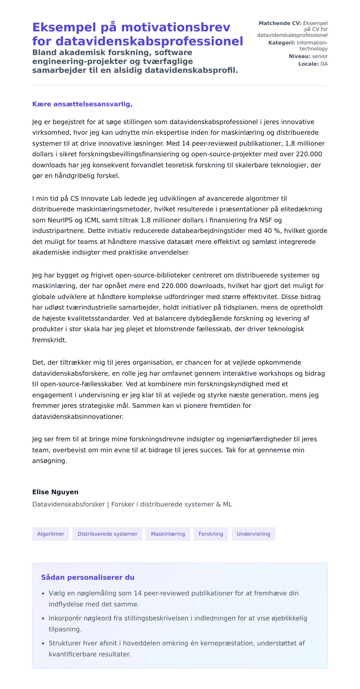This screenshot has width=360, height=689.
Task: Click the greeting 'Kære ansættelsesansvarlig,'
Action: pyautogui.click(x=82, y=104)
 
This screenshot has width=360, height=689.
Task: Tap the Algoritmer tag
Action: pyautogui.click(x=50, y=534)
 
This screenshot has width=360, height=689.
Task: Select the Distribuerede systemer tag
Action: pyautogui.click(x=107, y=534)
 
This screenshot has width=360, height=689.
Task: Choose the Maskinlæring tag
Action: pyautogui.click(x=168, y=534)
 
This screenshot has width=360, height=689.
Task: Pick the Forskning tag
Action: pyautogui.click(x=211, y=534)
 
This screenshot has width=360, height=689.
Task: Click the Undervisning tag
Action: pyautogui.click(x=253, y=534)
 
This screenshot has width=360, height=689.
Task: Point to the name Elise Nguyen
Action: pyautogui.click(x=55, y=492)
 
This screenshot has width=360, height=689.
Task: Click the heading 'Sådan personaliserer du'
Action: pyautogui.click(x=88, y=577)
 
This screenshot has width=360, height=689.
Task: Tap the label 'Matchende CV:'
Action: pyautogui.click(x=280, y=23)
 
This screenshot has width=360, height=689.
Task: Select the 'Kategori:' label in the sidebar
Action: pyautogui.click(x=281, y=43)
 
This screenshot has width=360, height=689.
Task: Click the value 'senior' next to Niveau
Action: pyautogui.click(x=320, y=56)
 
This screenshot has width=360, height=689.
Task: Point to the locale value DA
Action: pyautogui.click(x=324, y=64)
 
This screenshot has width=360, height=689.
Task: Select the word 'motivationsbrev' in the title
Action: pyautogui.click(x=175, y=27)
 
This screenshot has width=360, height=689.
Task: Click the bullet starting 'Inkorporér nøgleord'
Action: pyautogui.click(x=178, y=618)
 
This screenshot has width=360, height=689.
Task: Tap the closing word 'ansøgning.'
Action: pyautogui.click(x=49, y=461)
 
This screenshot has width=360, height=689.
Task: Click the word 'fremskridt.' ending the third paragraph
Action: pyautogui.click(x=49, y=340)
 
